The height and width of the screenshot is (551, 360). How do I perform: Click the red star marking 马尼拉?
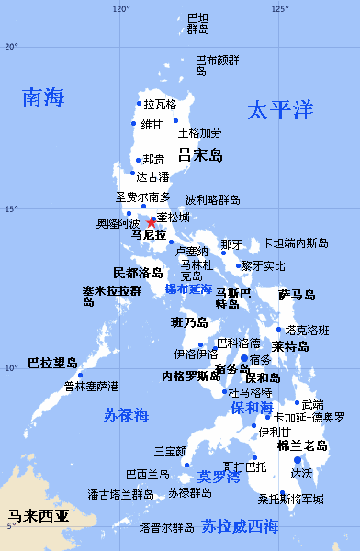[152, 222]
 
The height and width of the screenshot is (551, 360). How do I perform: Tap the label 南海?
[45, 96]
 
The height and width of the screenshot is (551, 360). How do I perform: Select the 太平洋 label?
[280, 110]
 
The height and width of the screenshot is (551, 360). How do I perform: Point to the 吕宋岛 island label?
[201, 155]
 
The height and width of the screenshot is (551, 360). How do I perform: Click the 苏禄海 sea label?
[126, 415]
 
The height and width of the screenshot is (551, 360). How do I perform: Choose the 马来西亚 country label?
[38, 516]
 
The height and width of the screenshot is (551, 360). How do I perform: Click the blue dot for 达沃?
[297, 460]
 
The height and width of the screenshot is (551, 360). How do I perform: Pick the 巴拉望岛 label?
[52, 363]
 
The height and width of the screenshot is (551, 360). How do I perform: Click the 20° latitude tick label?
[11, 46]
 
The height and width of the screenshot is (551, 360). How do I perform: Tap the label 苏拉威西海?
[240, 527]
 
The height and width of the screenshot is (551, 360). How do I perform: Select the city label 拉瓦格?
[160, 105]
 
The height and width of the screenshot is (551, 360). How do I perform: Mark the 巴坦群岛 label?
[198, 23]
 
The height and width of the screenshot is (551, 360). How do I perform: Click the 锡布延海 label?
[188, 288]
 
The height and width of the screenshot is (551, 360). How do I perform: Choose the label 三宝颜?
[170, 451]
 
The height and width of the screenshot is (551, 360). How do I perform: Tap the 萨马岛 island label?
[298, 295]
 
